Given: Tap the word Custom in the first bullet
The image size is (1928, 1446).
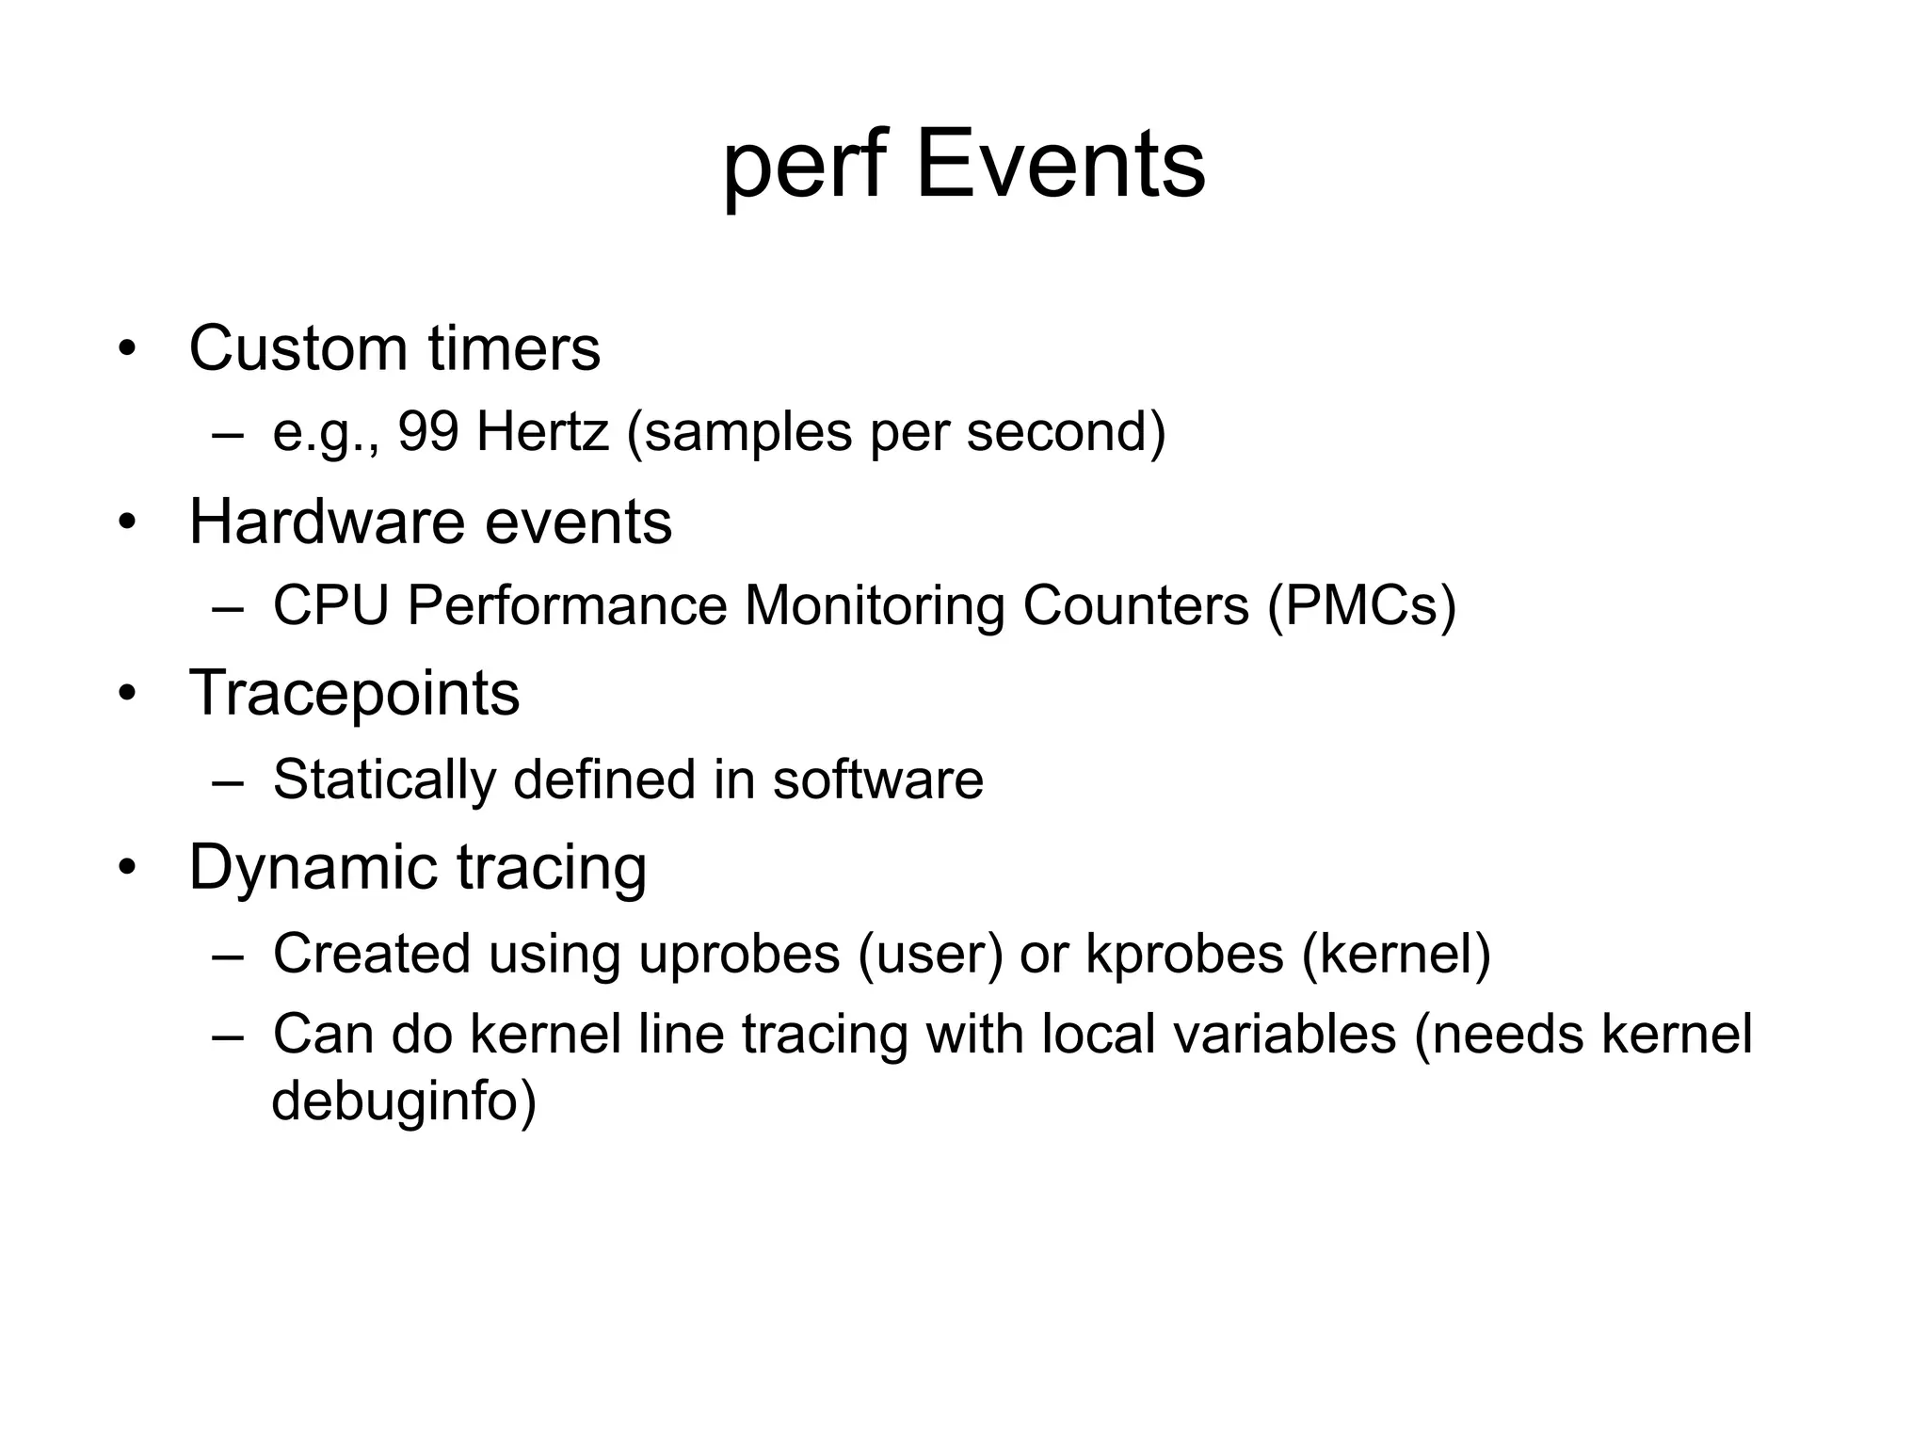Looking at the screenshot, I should pyautogui.click(x=297, y=348).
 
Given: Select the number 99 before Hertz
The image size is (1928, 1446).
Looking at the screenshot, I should pyautogui.click(x=428, y=432).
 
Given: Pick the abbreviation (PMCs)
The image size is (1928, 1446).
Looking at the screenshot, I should pyautogui.click(x=1361, y=605).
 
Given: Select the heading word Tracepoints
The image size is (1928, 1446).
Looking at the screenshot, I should pyautogui.click(x=354, y=694).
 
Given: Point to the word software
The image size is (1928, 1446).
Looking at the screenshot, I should pyautogui.click(x=877, y=779).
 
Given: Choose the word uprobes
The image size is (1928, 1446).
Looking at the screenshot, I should pyautogui.click(x=739, y=954).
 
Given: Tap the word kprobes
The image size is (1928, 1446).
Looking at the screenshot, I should pyautogui.click(x=1185, y=954).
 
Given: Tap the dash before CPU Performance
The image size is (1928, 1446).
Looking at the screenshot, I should pyautogui.click(x=227, y=607).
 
